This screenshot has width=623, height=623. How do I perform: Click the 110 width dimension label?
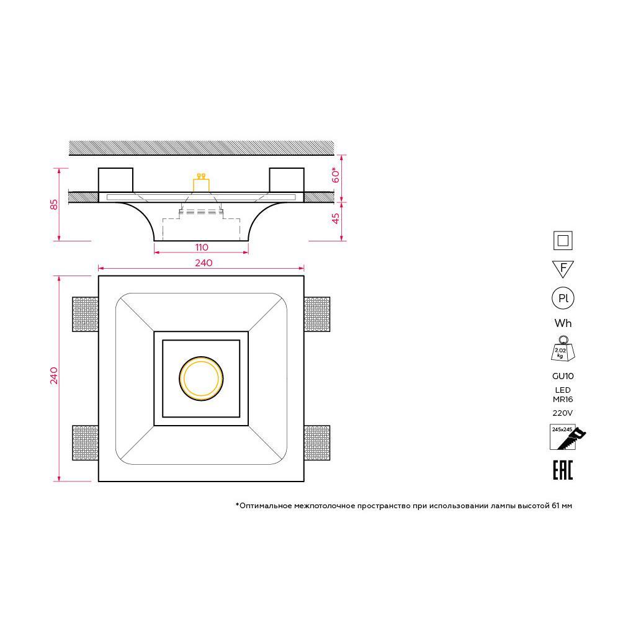tap(202, 247)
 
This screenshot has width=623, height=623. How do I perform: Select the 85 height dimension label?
tap(53, 204)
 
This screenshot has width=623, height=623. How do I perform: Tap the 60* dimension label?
tap(336, 175)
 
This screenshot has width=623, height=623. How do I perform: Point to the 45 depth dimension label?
tap(336, 218)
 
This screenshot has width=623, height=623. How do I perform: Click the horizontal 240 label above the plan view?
tap(204, 262)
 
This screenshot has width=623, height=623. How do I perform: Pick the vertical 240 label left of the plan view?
tap(53, 375)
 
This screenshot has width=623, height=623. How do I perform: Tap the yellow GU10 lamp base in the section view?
tap(201, 183)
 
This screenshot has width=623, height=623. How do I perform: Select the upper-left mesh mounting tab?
tap(86, 314)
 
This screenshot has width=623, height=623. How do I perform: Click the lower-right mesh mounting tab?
tap(316, 442)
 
